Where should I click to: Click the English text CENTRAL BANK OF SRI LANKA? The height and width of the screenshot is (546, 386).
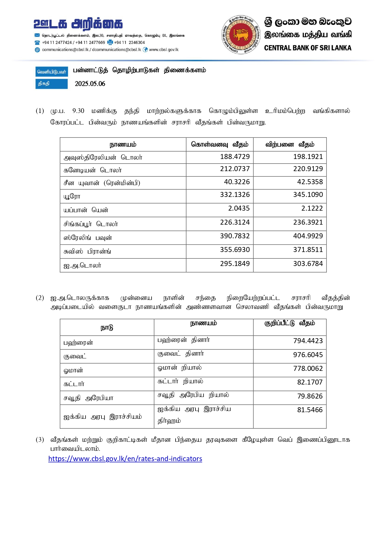[x=308, y=48]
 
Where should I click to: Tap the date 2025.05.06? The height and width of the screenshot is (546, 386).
[x=90, y=84]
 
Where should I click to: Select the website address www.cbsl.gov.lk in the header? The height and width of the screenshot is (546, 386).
[x=164, y=50]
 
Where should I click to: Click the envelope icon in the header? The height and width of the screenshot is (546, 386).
[x=37, y=35]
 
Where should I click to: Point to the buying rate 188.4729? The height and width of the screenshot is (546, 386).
[x=235, y=156]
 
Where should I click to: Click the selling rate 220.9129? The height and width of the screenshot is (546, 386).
[x=308, y=169]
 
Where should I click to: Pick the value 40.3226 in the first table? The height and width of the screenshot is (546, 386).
[x=237, y=182]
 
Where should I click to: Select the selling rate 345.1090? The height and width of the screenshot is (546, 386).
[x=308, y=195]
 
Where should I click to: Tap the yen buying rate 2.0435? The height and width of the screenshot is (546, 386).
[x=239, y=208]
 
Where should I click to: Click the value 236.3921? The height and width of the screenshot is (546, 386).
[x=308, y=222]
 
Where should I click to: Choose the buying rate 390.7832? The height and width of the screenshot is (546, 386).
[x=235, y=236]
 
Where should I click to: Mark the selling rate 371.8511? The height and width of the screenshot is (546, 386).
[x=308, y=250]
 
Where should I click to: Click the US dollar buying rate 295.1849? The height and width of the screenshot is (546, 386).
[x=235, y=264]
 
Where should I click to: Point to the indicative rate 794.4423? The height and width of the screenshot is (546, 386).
[x=308, y=341]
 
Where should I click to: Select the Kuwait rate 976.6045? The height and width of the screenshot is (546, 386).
[x=308, y=355]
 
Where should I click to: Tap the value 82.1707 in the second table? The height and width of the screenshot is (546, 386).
[x=310, y=382]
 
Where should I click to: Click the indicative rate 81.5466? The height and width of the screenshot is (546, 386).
[x=310, y=410]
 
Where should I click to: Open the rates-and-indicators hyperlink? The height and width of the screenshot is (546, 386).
[x=125, y=459]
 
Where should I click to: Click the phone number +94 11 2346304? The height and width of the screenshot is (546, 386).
[x=129, y=43]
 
